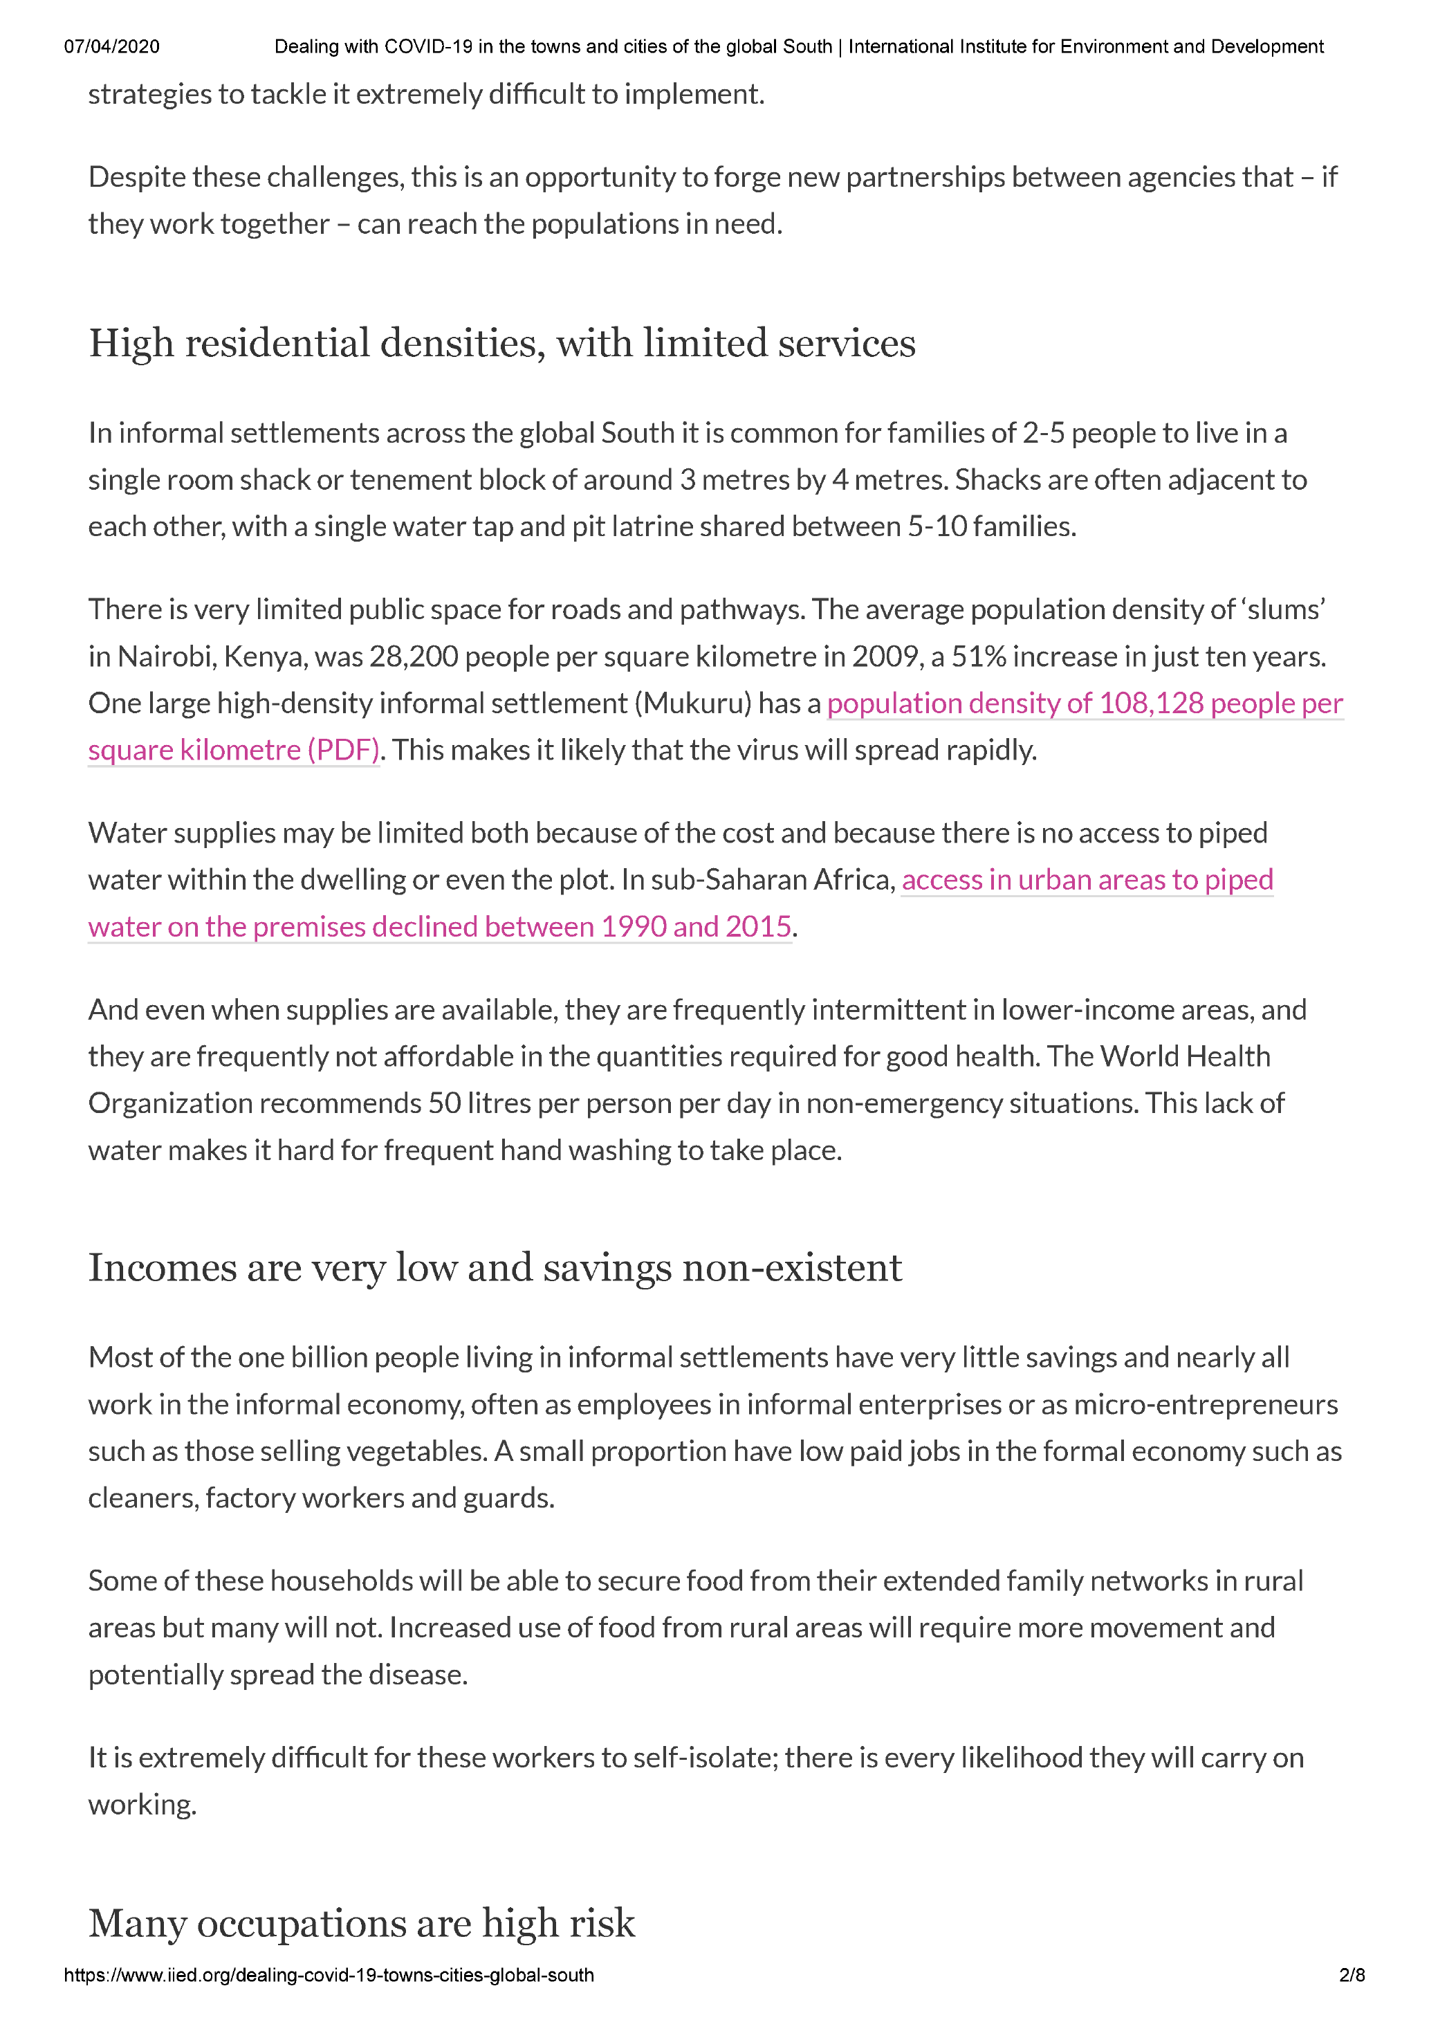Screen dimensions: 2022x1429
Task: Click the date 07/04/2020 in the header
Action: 112,46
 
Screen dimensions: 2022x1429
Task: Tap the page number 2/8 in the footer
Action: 1352,1974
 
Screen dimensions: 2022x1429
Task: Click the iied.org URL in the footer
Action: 329,1974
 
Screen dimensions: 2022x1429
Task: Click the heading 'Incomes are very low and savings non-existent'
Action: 495,1267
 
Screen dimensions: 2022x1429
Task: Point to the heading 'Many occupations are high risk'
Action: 361,1923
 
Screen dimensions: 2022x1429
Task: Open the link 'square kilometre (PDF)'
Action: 233,751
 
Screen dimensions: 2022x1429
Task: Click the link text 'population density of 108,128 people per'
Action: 1085,704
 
